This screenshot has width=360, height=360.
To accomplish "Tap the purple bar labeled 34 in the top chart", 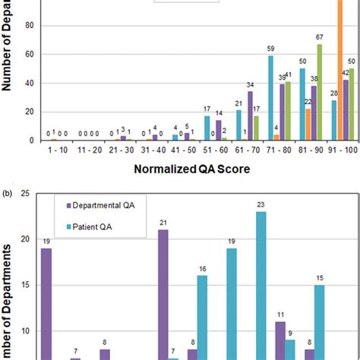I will (x=250, y=116).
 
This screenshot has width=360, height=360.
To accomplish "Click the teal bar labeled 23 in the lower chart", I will (x=261, y=286).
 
